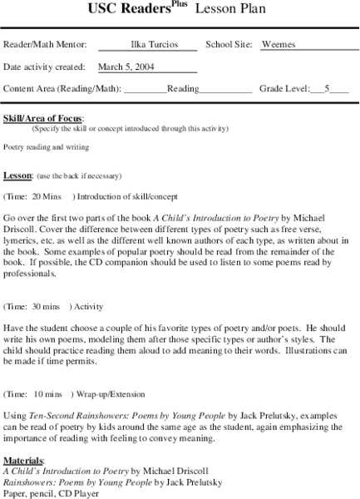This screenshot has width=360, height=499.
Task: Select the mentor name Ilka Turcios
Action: pyautogui.click(x=148, y=45)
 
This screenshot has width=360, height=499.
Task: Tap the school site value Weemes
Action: pyautogui.click(x=278, y=45)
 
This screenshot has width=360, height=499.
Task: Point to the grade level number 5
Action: pyautogui.click(x=328, y=88)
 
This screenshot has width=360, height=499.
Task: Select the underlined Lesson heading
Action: pyautogui.click(x=17, y=175)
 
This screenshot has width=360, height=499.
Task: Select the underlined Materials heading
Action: pyautogui.click(x=23, y=460)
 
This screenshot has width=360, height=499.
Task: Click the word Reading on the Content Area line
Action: pyautogui.click(x=183, y=88)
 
